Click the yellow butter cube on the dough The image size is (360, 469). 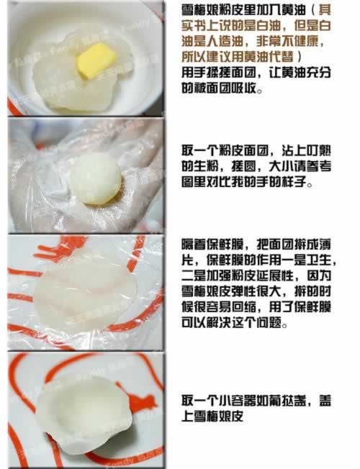coord(96,60)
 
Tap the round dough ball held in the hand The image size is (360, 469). coord(96,179)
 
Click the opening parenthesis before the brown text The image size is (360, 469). coord(312,11)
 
